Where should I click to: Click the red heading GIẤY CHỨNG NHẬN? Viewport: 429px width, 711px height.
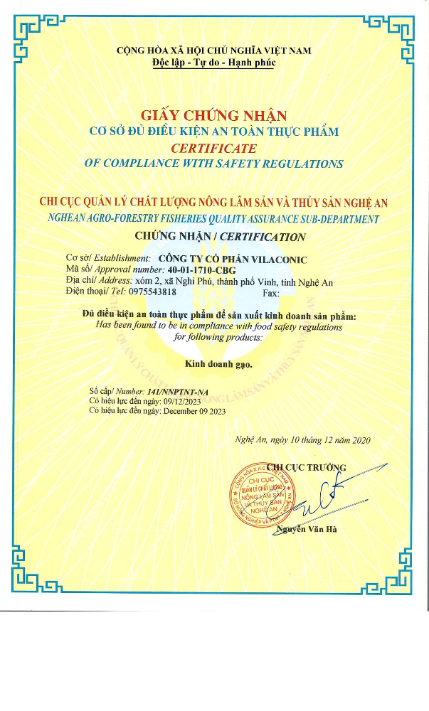pyautogui.click(x=213, y=115)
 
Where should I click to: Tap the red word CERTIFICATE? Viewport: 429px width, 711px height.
pyautogui.click(x=213, y=148)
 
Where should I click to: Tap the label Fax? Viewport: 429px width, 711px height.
pyautogui.click(x=271, y=292)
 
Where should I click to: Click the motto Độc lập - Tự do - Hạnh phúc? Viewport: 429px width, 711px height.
pyautogui.click(x=214, y=63)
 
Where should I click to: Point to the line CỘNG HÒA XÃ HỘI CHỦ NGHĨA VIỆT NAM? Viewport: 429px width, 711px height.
pyautogui.click(x=214, y=50)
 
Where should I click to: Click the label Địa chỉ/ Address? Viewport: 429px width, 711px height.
pyautogui.click(x=99, y=281)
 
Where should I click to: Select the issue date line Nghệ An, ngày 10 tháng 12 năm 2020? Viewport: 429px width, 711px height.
pyautogui.click(x=302, y=440)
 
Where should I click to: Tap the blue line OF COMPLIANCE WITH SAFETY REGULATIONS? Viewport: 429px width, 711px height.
pyautogui.click(x=213, y=164)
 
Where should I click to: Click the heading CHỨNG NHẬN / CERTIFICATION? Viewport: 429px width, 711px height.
pyautogui.click(x=220, y=237)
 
